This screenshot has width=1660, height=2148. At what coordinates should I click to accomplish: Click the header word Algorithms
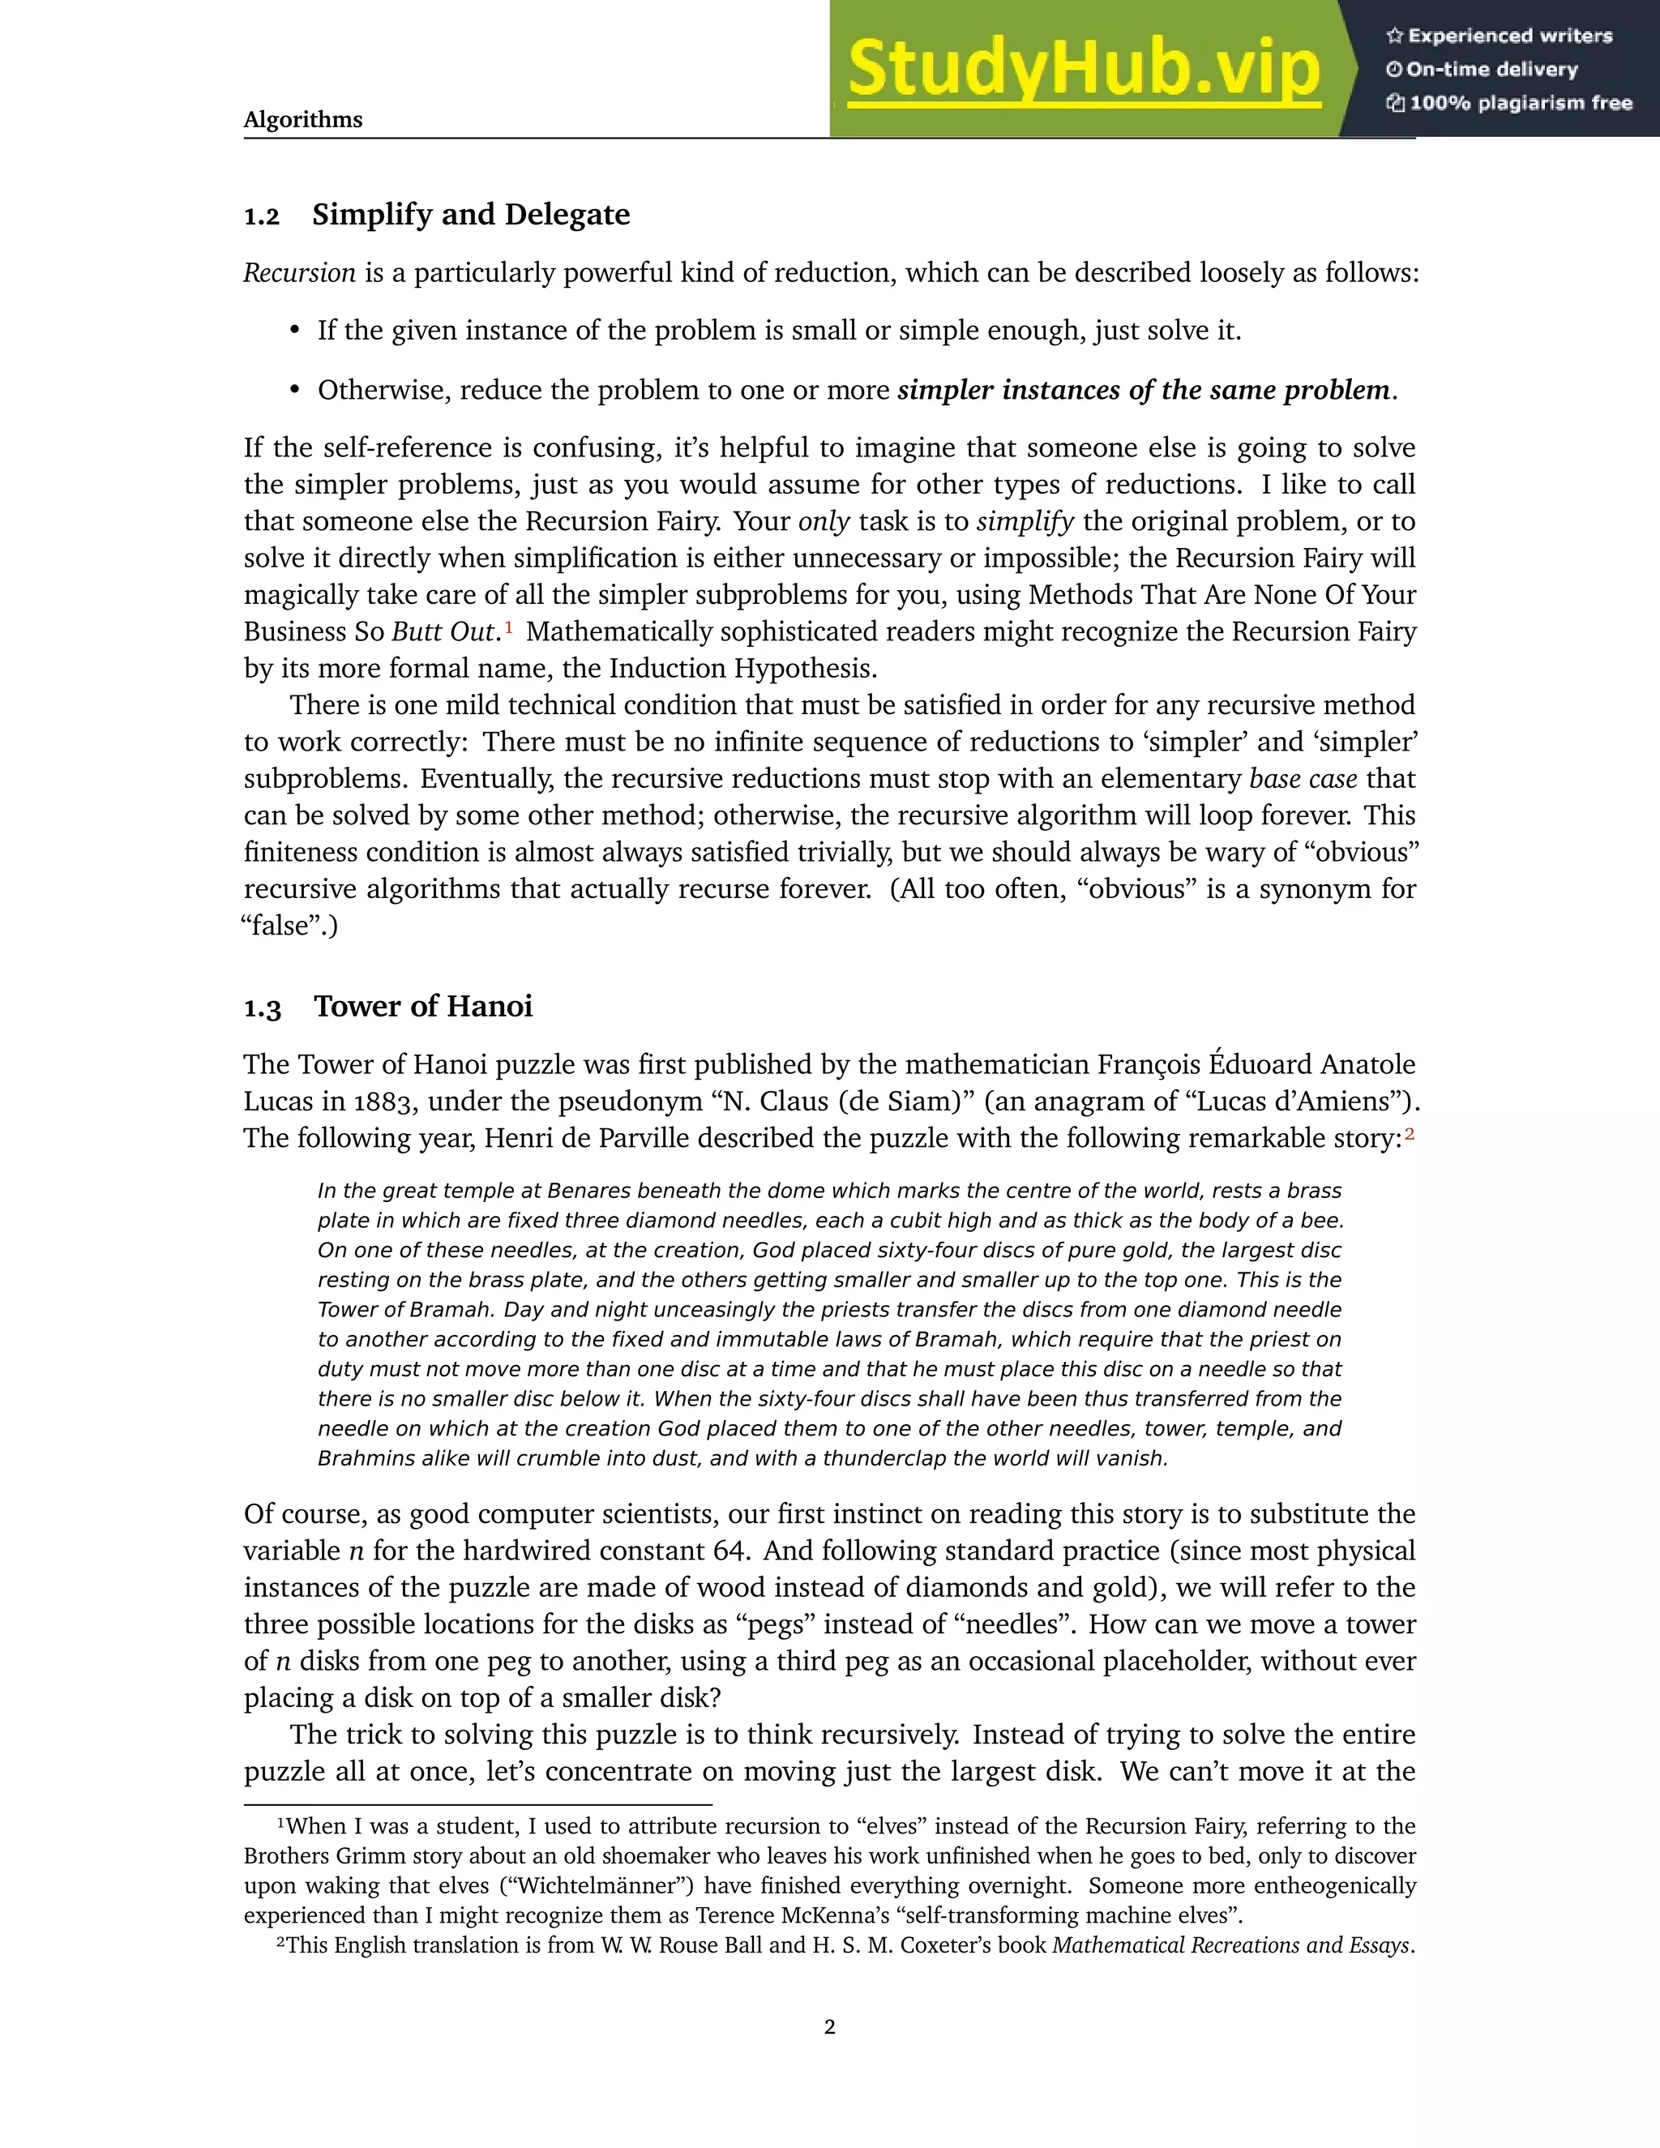click(303, 120)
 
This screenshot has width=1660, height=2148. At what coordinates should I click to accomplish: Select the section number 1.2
click(262, 216)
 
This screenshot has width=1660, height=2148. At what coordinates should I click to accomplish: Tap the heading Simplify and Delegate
click(470, 215)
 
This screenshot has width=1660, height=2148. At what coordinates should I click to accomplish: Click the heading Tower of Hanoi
click(423, 1006)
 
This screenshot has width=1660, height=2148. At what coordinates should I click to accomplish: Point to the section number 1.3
click(263, 1009)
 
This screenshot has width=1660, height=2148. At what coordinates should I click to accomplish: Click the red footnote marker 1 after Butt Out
click(508, 626)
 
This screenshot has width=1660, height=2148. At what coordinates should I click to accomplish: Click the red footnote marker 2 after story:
click(1410, 1134)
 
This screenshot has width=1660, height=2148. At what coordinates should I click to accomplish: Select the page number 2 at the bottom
click(829, 2026)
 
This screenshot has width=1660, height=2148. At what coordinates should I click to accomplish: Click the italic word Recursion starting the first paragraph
click(299, 272)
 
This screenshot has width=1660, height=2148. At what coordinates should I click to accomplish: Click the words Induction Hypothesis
click(742, 669)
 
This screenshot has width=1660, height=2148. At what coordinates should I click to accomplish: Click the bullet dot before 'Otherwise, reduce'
click(294, 391)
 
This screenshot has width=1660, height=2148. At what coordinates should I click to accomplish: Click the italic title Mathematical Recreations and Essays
click(1231, 1945)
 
